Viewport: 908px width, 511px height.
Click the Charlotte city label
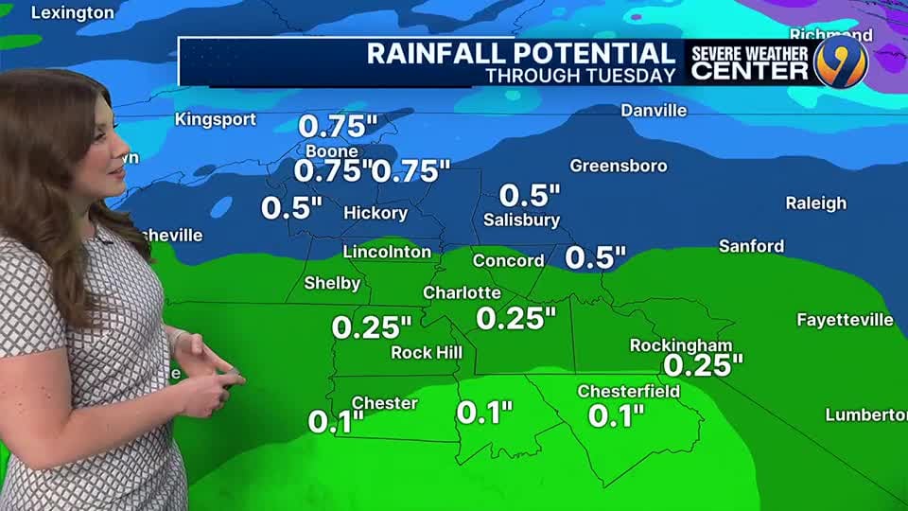pyautogui.click(x=462, y=292)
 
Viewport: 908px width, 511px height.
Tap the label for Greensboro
pyautogui.click(x=619, y=166)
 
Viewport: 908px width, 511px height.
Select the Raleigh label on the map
pyautogui.click(x=815, y=203)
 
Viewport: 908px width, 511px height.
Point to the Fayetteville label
pyautogui.click(x=845, y=320)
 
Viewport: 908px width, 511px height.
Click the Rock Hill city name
pyautogui.click(x=427, y=353)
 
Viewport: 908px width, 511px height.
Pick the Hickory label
pyautogui.click(x=375, y=213)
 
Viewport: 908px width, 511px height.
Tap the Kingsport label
pyautogui.click(x=216, y=119)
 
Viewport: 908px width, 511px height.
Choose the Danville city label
pyautogui.click(x=654, y=111)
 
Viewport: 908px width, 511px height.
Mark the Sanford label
pyautogui.click(x=751, y=246)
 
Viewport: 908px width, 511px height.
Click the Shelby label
pyautogui.click(x=332, y=284)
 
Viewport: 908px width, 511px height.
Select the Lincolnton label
pyautogui.click(x=387, y=252)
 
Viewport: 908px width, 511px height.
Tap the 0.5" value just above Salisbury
pyautogui.click(x=530, y=196)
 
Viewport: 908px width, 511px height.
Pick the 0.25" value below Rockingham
pyautogui.click(x=703, y=365)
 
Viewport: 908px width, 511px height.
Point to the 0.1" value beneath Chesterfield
pyautogui.click(x=616, y=414)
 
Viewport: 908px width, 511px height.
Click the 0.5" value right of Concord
pyautogui.click(x=596, y=257)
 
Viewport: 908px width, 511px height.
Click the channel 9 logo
pyautogui.click(x=840, y=62)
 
